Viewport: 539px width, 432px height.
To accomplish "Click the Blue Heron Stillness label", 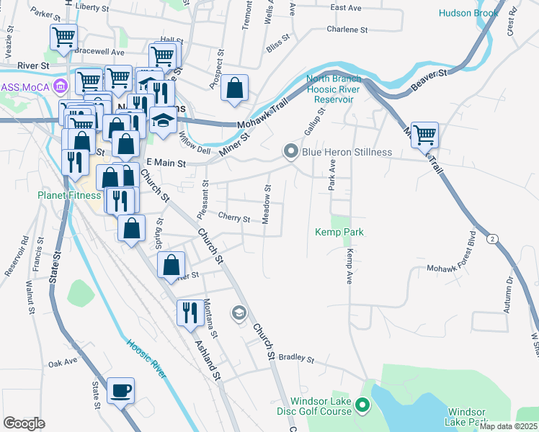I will click(x=347, y=152).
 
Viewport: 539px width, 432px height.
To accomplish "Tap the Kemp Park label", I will click(x=339, y=232).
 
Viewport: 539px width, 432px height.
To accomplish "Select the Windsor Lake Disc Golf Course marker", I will click(x=362, y=407).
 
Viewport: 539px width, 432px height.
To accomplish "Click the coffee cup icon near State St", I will click(x=120, y=390).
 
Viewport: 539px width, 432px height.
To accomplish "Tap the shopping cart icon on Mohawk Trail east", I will click(x=425, y=134).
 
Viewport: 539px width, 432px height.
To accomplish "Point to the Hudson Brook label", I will click(x=469, y=13).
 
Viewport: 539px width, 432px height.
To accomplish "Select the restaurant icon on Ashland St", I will click(x=190, y=312).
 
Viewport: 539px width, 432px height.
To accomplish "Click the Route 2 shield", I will click(x=491, y=238).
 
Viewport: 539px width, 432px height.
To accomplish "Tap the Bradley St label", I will click(x=297, y=358).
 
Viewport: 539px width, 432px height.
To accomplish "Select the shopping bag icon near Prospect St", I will click(x=235, y=89).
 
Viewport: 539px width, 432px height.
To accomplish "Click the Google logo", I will click(x=24, y=423).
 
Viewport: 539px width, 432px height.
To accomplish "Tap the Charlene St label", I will click(x=347, y=30).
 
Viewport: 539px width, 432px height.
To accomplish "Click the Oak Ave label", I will click(x=62, y=364).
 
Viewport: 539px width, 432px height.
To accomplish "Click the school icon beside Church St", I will click(x=239, y=312).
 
